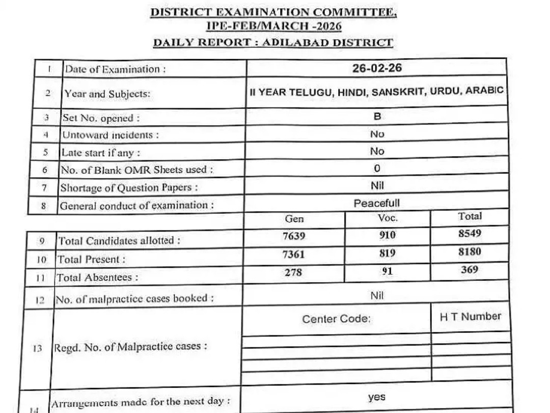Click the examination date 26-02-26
pos(377,68)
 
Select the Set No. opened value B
pos(377,116)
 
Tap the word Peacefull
pos(377,203)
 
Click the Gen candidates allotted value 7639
pos(293,236)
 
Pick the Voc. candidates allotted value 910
pos(387,236)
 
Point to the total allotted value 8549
pos(470,234)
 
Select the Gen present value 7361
pos(293,254)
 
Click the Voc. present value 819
pos(387,253)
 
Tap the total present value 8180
pos(470,252)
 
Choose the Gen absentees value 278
pos(293,272)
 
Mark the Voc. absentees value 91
pos(387,271)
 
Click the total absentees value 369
pos(470,270)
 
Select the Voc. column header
pos(388,218)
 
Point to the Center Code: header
pos(337,319)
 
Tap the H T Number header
pos(471,316)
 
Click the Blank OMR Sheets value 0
pos(377,168)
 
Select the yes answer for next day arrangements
pos(377,397)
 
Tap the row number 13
pos(37,350)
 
